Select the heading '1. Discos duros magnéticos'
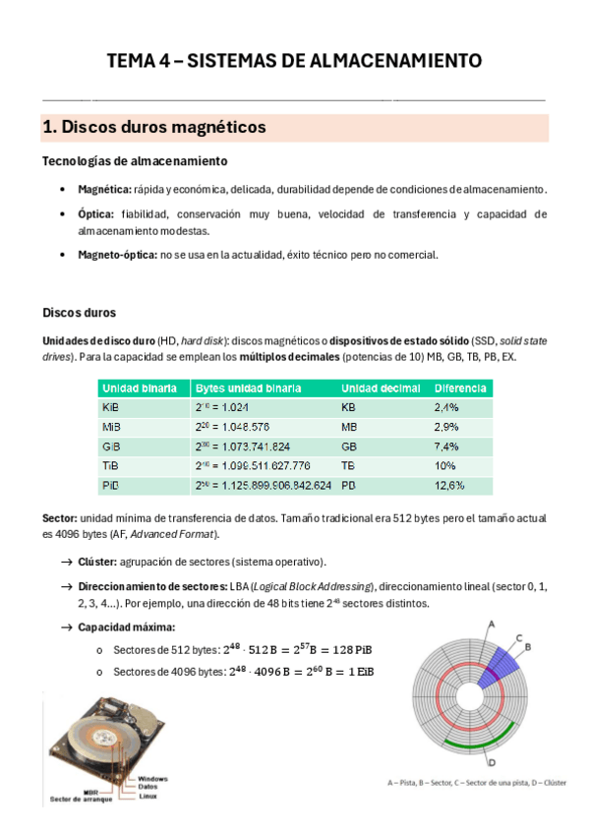(154, 128)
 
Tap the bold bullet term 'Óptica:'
(96, 213)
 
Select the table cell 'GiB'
(112, 446)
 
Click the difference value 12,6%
(449, 485)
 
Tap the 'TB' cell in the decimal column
(349, 465)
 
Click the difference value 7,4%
(446, 446)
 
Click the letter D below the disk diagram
(491, 761)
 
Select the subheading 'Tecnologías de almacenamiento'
(135, 161)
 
